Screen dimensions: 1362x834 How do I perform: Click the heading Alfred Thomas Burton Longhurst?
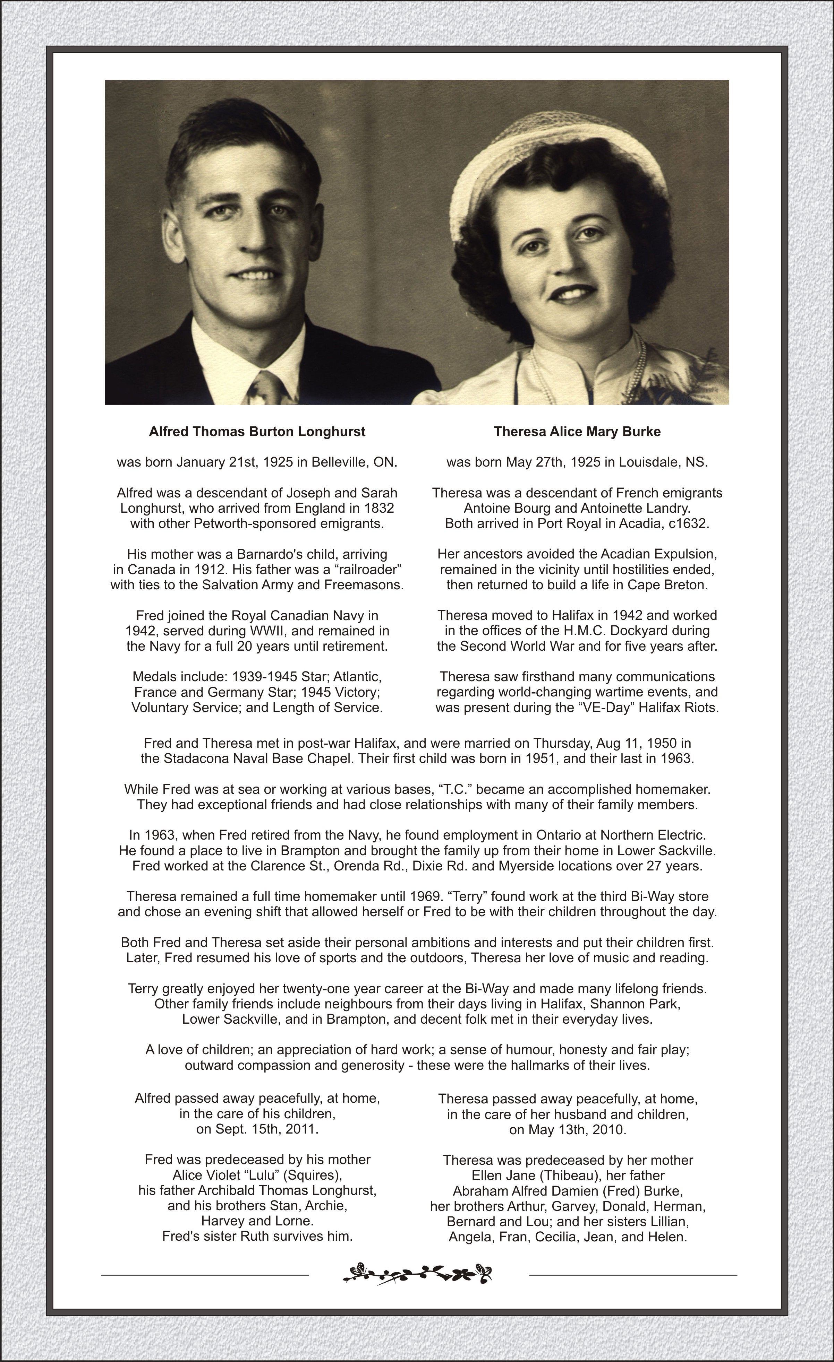[x=257, y=432]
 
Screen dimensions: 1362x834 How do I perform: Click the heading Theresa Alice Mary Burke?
[x=577, y=432]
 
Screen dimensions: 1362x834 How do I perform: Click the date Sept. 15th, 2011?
[x=257, y=1129]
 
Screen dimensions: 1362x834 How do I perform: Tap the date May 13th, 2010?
[x=568, y=1130]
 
